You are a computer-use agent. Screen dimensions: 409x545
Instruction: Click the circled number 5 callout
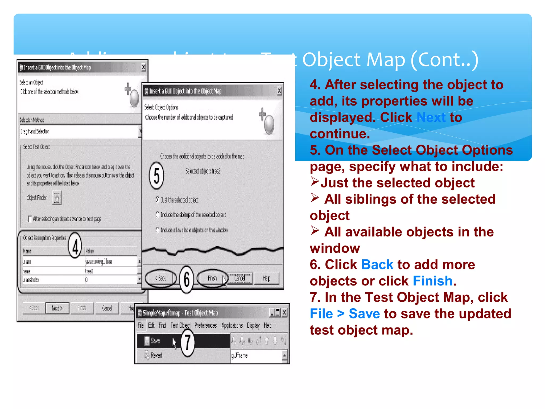coord(156,175)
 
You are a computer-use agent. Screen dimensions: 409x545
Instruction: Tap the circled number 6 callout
coord(187,279)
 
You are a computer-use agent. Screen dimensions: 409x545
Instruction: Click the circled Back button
coord(161,279)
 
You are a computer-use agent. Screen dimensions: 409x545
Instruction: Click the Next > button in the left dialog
coord(57,308)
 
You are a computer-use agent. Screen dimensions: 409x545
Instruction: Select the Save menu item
coord(155,341)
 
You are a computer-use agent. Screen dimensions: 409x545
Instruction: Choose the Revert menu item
coord(156,355)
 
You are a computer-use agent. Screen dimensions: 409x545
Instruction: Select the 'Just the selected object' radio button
coord(158,199)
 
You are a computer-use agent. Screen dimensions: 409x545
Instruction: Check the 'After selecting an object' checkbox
coord(30,219)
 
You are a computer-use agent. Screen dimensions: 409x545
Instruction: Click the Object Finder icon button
coord(57,198)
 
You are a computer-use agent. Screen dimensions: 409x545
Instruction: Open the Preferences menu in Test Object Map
coord(205,325)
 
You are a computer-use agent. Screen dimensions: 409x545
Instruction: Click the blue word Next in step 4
coord(431,117)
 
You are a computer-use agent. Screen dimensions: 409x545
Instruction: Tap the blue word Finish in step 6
coord(432,281)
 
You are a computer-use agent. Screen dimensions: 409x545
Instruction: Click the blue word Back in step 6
coord(377,265)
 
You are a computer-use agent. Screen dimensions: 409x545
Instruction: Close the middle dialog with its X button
coord(279,91)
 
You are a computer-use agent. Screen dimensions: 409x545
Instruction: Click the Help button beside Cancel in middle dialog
coord(267,279)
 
